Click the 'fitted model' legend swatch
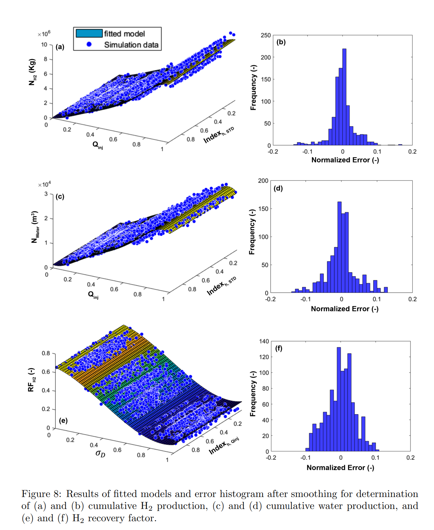pyautogui.click(x=89, y=33)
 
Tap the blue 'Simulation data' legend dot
pyautogui.click(x=89, y=44)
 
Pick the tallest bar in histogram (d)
pyautogui.click(x=339, y=247)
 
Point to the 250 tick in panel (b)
pyautogui.click(x=266, y=35)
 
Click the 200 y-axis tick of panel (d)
pyautogui.click(x=263, y=181)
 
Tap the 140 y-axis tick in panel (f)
pyautogui.click(x=264, y=341)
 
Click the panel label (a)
pyautogui.click(x=60, y=47)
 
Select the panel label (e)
pyautogui.click(x=63, y=420)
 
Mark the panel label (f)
pyautogui.click(x=279, y=348)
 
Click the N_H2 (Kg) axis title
pyautogui.click(x=32, y=72)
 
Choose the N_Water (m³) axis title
pyautogui.click(x=34, y=227)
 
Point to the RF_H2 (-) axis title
pyautogui.click(x=31, y=380)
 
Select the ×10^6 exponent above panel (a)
pyautogui.click(x=44, y=34)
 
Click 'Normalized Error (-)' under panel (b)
pyautogui.click(x=345, y=160)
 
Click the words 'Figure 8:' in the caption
pyautogui.click(x=41, y=494)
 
